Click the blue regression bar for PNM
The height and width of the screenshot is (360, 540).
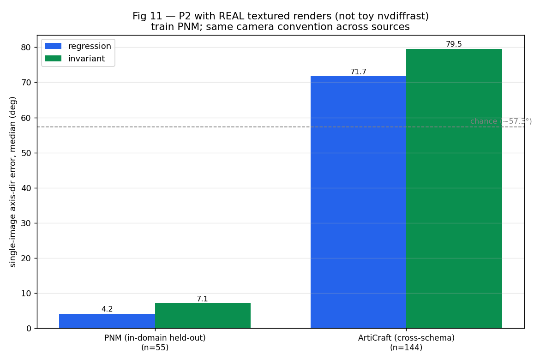pyautogui.click(x=107, y=321)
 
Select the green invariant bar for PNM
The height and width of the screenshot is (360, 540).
pyautogui.click(x=203, y=316)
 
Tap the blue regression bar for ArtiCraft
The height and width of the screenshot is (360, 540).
pyautogui.click(x=359, y=202)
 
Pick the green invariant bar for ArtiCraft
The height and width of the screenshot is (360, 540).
pyautogui.click(x=454, y=189)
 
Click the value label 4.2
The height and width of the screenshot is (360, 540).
pyautogui.click(x=107, y=309)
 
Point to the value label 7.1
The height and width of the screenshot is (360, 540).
pyautogui.click(x=203, y=299)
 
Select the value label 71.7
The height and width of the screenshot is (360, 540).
pyautogui.click(x=359, y=72)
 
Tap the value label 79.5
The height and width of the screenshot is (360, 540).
pyautogui.click(x=454, y=44)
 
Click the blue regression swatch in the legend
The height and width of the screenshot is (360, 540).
pyautogui.click(x=53, y=46)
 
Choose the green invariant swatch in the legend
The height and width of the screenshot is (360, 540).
pyautogui.click(x=53, y=59)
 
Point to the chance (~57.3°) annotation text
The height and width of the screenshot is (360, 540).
pyautogui.click(x=501, y=121)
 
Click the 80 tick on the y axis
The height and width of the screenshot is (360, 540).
pyautogui.click(x=26, y=48)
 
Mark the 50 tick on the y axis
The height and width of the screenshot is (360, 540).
pyautogui.click(x=26, y=153)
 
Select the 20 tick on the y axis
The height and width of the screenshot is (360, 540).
pyautogui.click(x=26, y=258)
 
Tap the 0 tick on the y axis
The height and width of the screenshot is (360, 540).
pyautogui.click(x=29, y=329)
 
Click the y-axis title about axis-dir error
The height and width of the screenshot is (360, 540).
pyautogui.click(x=13, y=182)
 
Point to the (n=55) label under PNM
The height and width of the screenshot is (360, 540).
pyautogui.click(x=155, y=347)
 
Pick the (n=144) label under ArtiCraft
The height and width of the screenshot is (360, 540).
pyautogui.click(x=406, y=347)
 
